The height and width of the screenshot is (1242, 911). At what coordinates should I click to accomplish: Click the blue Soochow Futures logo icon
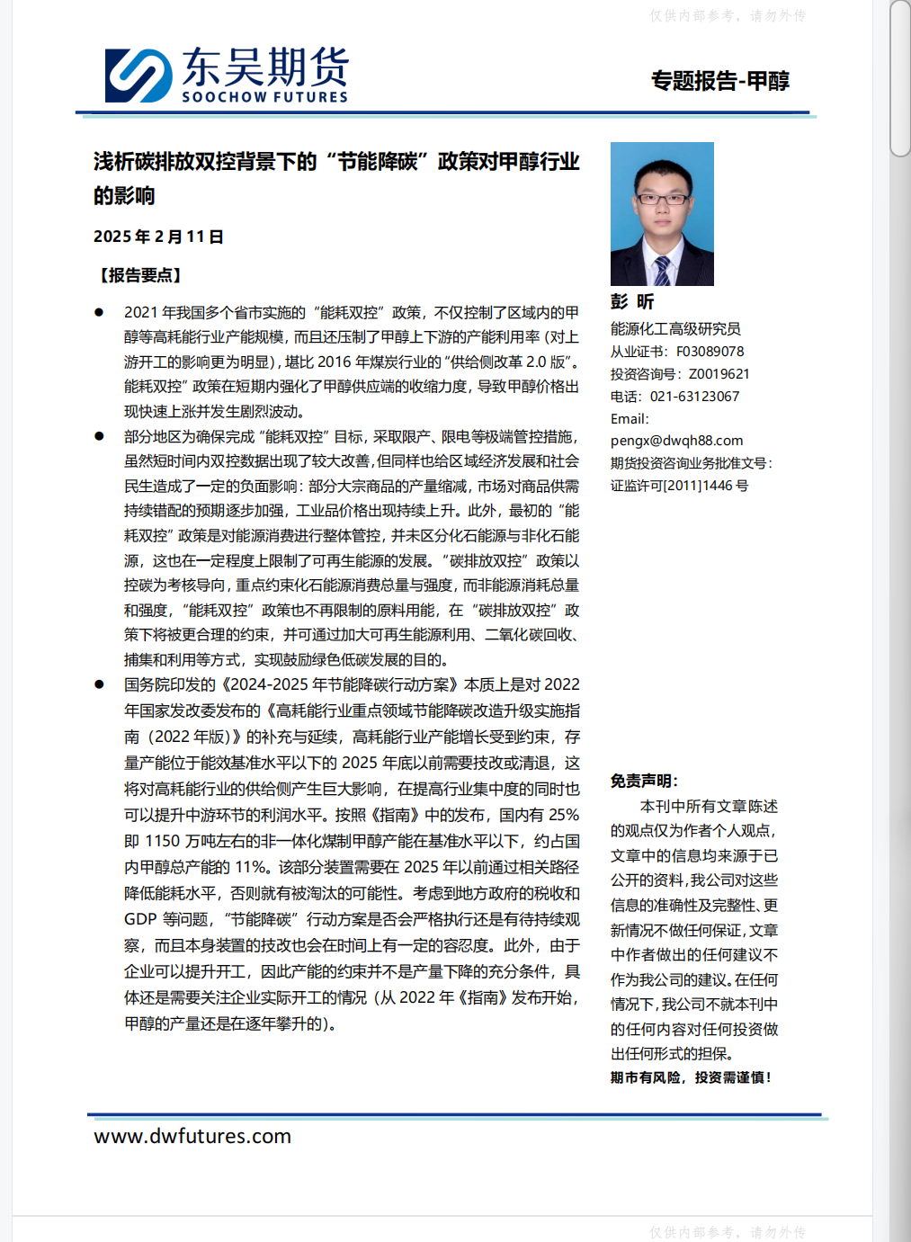[x=138, y=76]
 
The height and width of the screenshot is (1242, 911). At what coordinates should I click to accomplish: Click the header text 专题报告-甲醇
[x=720, y=81]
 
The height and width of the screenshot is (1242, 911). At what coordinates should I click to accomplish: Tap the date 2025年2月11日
[x=158, y=237]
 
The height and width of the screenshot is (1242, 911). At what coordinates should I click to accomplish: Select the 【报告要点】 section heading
[x=140, y=275]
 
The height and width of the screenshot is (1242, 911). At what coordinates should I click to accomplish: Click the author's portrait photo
[x=662, y=213]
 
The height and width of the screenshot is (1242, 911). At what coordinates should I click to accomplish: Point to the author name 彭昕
[x=632, y=302]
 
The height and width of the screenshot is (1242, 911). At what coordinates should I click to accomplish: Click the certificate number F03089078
[x=710, y=352]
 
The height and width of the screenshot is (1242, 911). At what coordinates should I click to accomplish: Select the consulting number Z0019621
[x=719, y=374]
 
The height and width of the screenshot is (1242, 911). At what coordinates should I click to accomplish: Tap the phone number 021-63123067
[x=694, y=397]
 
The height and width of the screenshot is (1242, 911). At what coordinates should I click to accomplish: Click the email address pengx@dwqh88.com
[x=676, y=441]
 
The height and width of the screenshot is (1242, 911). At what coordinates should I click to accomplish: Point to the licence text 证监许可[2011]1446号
[x=679, y=486]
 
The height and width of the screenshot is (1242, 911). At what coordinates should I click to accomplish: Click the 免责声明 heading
[x=644, y=781]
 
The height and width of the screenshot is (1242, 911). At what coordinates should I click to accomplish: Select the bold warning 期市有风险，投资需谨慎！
[x=691, y=1077]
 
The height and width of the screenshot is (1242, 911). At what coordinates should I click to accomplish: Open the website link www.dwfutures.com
[x=192, y=1136]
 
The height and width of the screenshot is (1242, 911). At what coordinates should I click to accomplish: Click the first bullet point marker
[x=99, y=312]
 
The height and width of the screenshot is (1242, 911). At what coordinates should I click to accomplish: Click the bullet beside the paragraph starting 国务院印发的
[x=99, y=684]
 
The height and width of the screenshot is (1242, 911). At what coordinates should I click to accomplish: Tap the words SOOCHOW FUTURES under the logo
[x=264, y=97]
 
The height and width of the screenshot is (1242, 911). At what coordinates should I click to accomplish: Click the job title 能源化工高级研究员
[x=675, y=329]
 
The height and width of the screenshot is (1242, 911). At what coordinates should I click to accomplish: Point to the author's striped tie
[x=662, y=269]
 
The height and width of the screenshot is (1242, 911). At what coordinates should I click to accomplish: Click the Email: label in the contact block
[x=630, y=419]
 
